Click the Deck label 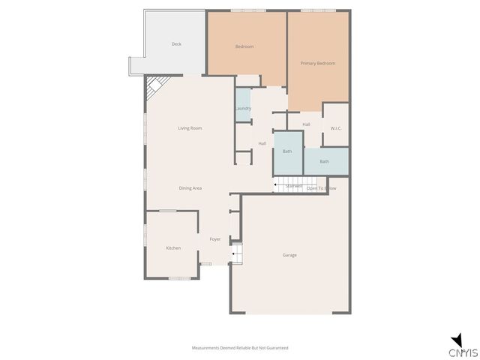[x=176, y=44]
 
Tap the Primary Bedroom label [x=318, y=64]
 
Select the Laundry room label [x=242, y=108]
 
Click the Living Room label [x=190, y=128]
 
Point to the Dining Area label [x=190, y=188]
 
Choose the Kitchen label [x=173, y=248]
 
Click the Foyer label [x=215, y=239]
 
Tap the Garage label [x=289, y=255]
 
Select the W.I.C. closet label [x=336, y=128]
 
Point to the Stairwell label [x=293, y=186]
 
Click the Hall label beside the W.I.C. [x=306, y=124]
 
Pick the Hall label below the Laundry [x=262, y=144]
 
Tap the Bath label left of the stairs [x=287, y=151]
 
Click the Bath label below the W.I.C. [x=324, y=161]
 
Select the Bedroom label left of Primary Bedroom [x=244, y=46]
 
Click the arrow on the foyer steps [x=235, y=254]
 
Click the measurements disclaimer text [x=240, y=348]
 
